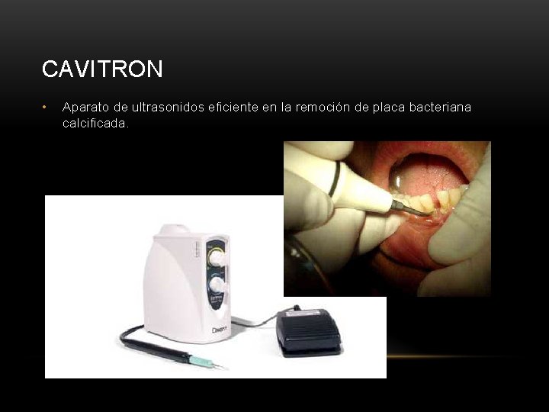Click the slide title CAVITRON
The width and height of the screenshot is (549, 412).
[102, 69]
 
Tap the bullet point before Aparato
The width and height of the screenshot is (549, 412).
[46, 107]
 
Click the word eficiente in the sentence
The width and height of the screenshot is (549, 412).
[233, 107]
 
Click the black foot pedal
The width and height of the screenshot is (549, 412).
[309, 330]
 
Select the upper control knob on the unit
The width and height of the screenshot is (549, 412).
[218, 259]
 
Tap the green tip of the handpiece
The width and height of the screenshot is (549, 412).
[201, 360]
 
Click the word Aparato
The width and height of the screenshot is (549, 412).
[86, 107]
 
